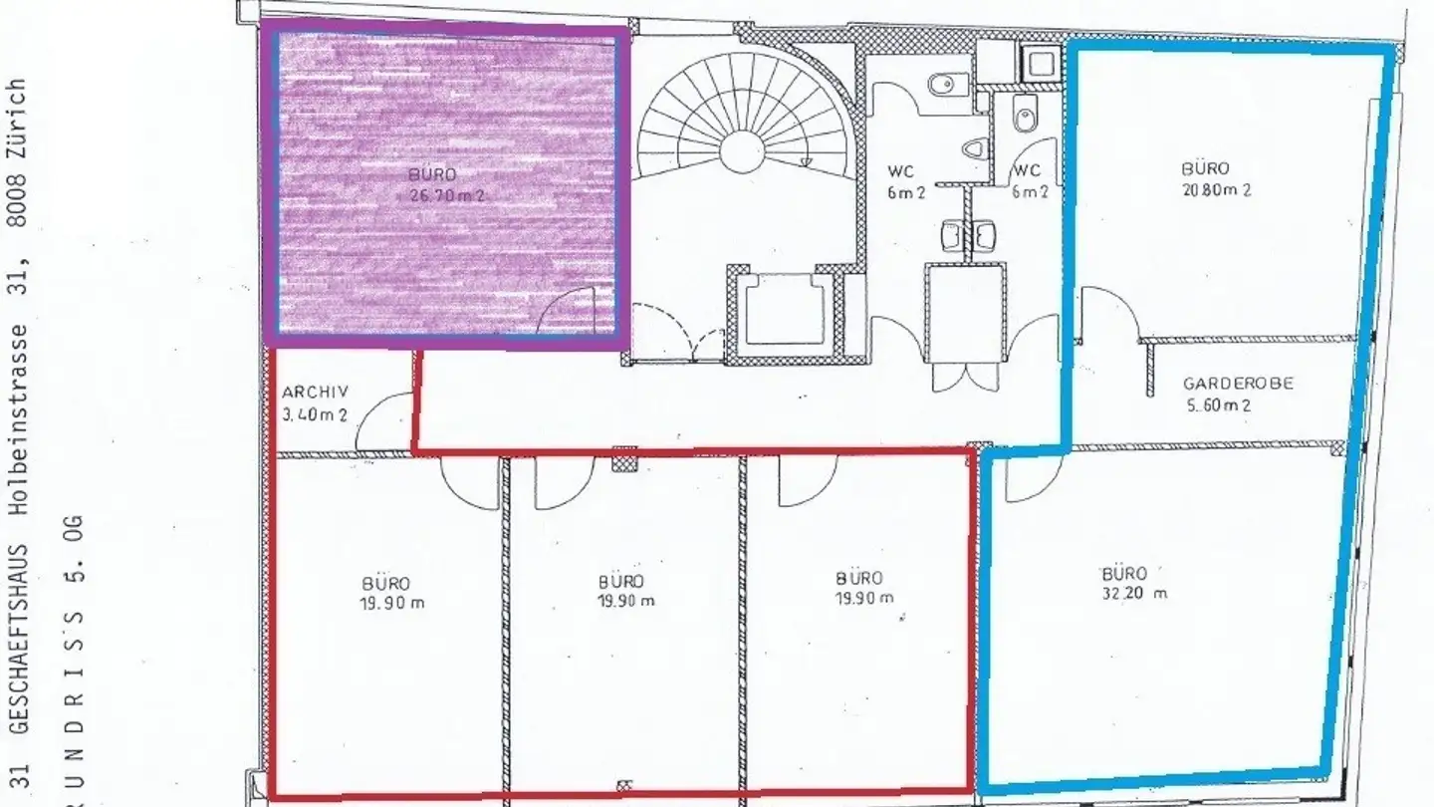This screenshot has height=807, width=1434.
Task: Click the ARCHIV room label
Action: [x=309, y=393]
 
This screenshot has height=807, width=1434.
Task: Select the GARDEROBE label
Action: [x=1237, y=384]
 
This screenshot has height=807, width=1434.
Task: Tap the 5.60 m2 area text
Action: [x=1217, y=405]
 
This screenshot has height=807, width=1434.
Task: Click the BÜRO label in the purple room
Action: [x=432, y=174]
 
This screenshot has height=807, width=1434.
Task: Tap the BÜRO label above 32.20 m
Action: [x=1123, y=574]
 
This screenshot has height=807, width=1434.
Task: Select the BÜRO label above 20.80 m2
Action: [x=1205, y=168]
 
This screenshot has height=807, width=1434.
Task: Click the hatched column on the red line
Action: [x=624, y=457]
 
